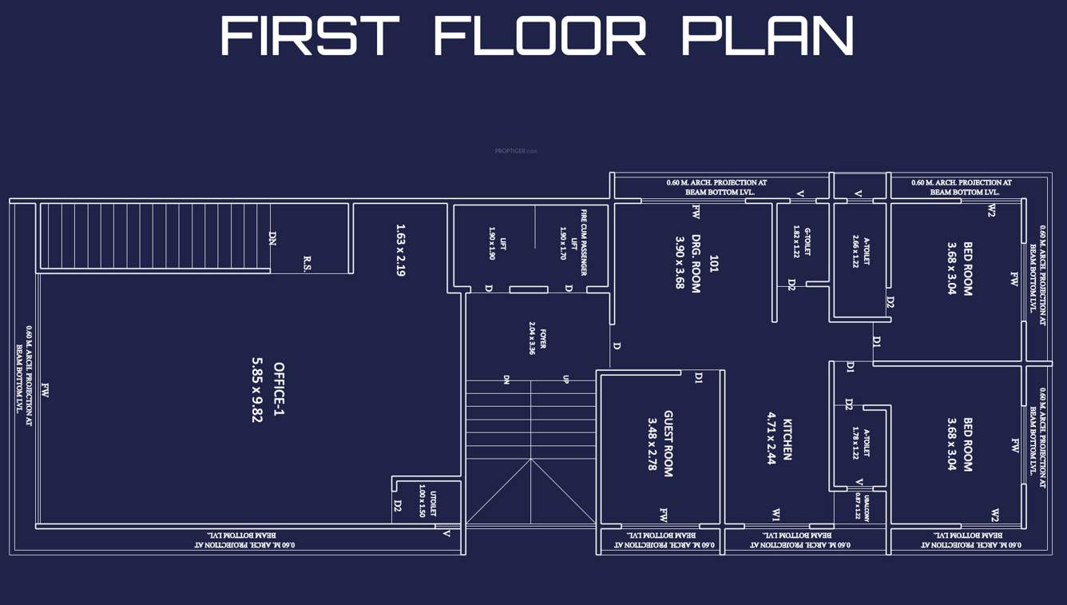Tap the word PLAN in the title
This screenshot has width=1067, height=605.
coord(768,36)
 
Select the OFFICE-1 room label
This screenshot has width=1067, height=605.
coord(279,389)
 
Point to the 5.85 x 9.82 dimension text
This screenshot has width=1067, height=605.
coord(257,389)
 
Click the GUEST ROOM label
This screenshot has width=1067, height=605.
coord(668,444)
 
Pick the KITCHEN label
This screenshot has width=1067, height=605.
coord(787,439)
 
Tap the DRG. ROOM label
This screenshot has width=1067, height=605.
coord(696,264)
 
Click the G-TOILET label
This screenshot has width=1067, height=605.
coord(807,240)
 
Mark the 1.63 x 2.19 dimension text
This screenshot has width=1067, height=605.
coord(400,250)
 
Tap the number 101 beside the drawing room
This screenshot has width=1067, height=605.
coord(714,264)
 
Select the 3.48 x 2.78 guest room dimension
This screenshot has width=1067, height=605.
coord(652,444)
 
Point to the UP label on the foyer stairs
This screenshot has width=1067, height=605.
coord(565,380)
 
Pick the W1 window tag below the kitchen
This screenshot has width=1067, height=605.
coord(775,514)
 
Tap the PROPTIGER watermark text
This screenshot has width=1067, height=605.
coord(516,150)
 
